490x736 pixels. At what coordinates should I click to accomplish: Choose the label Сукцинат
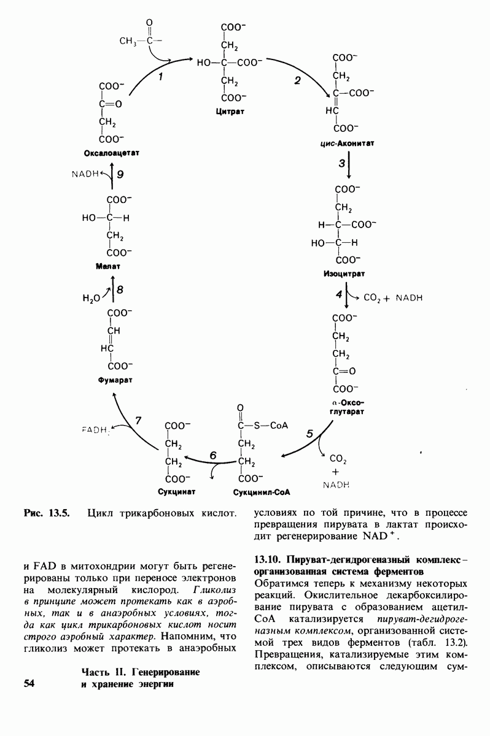[x=176, y=492]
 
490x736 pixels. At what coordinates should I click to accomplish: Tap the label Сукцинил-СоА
[x=261, y=492]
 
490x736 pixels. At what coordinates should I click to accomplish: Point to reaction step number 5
[x=309, y=434]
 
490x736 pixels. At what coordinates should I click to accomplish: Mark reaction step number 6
[x=213, y=455]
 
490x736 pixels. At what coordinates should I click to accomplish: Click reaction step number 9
[x=120, y=175]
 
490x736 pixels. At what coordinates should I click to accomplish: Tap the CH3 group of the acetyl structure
[x=127, y=41]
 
